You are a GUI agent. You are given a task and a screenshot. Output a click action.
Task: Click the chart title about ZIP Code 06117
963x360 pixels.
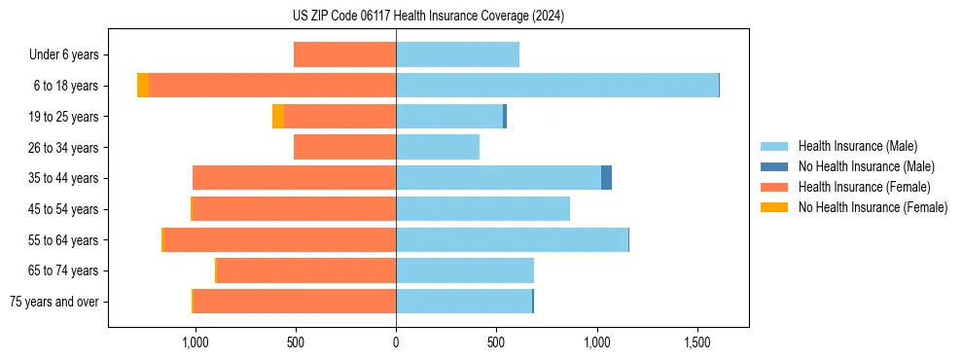click(x=428, y=17)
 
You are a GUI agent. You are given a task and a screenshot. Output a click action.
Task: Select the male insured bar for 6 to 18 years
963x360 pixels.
click(x=556, y=86)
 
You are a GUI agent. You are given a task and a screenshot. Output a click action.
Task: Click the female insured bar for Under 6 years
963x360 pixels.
click(x=344, y=54)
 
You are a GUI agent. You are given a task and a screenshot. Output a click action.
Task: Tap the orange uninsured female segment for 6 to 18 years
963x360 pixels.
click(x=143, y=86)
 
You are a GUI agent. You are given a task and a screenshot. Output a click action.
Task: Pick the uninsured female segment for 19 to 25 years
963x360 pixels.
click(x=278, y=117)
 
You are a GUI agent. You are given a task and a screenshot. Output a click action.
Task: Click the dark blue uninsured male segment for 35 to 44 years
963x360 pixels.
click(x=606, y=178)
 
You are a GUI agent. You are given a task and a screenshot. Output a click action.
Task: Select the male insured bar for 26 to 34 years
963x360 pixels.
click(x=438, y=147)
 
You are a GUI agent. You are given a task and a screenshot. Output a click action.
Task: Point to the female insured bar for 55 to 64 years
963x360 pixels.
click(x=280, y=239)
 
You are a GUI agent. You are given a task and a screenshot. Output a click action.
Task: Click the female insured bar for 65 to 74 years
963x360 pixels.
click(x=306, y=270)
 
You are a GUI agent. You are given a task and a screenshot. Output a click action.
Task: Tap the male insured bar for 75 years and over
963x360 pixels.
click(x=464, y=302)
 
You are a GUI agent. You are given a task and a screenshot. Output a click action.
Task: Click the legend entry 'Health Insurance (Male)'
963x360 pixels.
click(x=857, y=146)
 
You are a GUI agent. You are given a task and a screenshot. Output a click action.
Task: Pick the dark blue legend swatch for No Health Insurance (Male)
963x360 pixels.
click(x=774, y=166)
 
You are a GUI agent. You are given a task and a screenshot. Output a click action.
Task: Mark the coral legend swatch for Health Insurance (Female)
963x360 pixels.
click(x=774, y=187)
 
